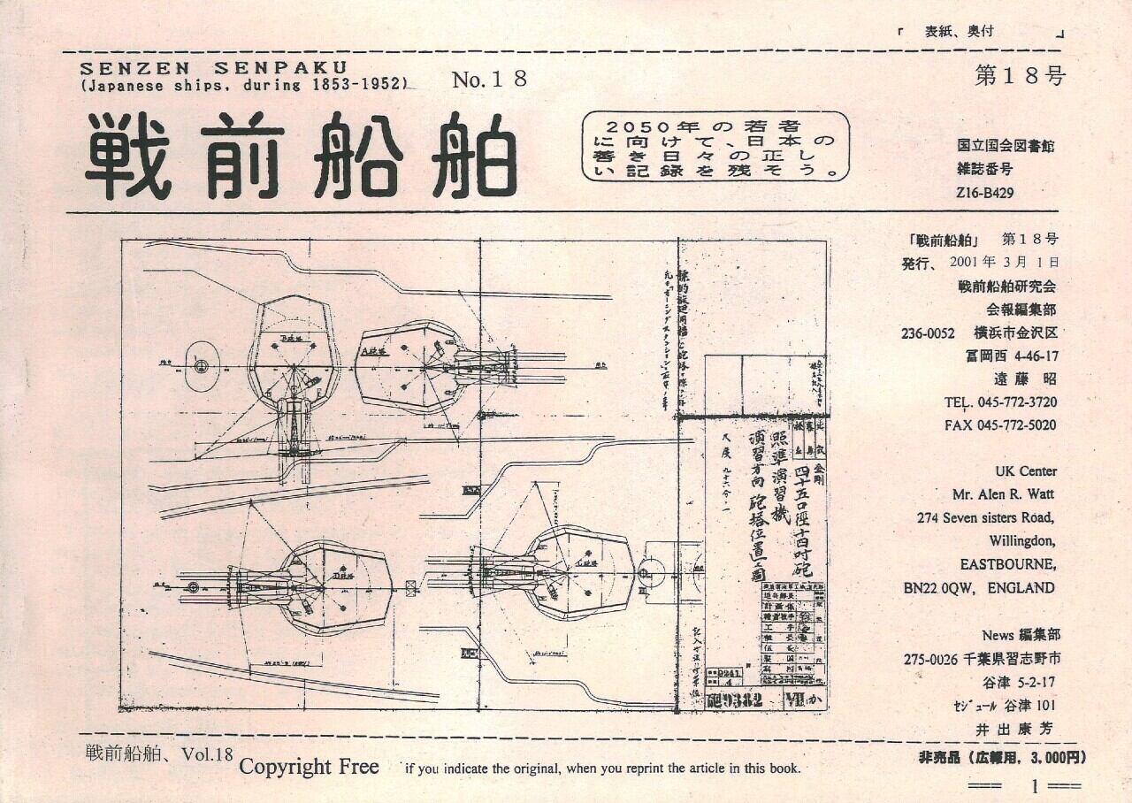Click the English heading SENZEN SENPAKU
(213, 67)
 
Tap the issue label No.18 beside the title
(489, 80)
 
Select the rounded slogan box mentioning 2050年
(715, 145)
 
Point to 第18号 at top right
(1020, 75)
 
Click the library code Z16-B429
(985, 190)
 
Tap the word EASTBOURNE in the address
(1007, 564)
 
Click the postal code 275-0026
(934, 659)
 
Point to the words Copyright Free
(309, 767)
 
